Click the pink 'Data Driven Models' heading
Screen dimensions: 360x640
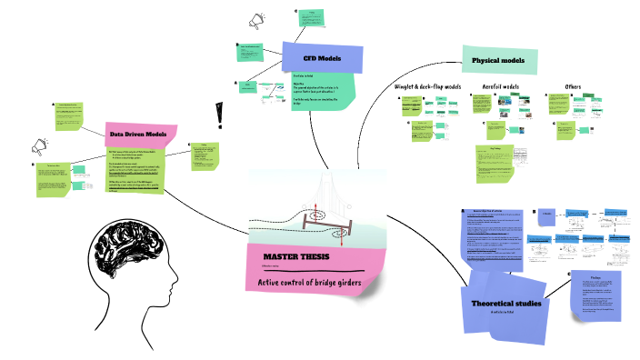point(140,135)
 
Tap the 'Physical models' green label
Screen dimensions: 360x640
point(498,61)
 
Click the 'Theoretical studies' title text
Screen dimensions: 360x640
point(506,303)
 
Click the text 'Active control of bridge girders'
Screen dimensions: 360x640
point(310,284)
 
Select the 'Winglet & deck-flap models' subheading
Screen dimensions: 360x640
point(427,86)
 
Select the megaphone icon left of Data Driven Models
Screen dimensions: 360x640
point(40,145)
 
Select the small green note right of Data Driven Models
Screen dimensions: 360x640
point(205,155)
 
